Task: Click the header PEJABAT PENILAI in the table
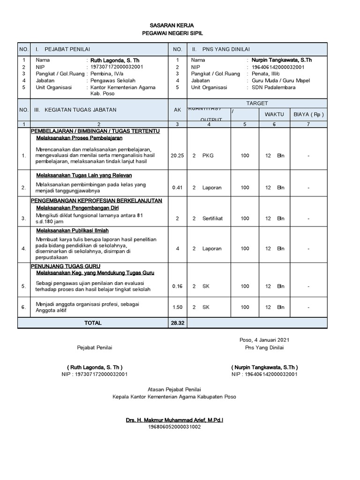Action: (67, 49)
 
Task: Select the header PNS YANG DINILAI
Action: (226, 49)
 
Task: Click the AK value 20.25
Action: (177, 156)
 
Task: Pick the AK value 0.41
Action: (177, 187)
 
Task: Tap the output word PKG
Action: (208, 156)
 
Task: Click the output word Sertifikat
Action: (213, 218)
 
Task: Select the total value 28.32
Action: (178, 323)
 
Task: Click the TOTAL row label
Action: (93, 323)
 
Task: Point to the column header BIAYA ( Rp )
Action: (308, 114)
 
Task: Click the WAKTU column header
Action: (274, 114)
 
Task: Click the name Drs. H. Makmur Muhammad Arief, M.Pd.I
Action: (174, 420)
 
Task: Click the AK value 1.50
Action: (177, 307)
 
